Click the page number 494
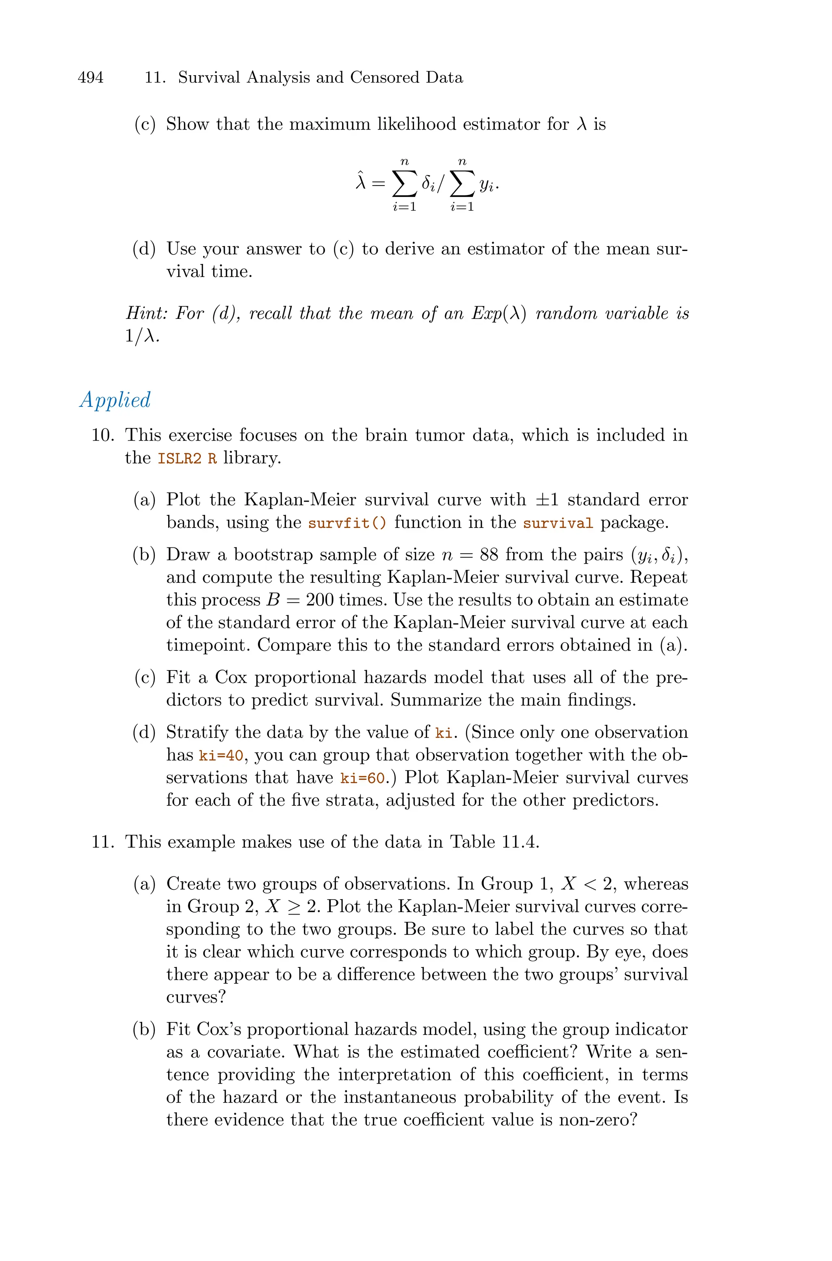coord(91,78)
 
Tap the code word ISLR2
coord(179,458)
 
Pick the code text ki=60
coord(363,778)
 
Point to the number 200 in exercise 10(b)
coord(319,600)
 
